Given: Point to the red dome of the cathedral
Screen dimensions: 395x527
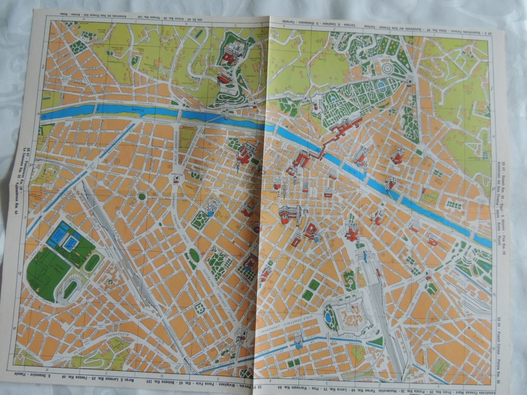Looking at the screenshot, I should [285, 216].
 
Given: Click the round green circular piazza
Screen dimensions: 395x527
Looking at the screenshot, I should [142, 197].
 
